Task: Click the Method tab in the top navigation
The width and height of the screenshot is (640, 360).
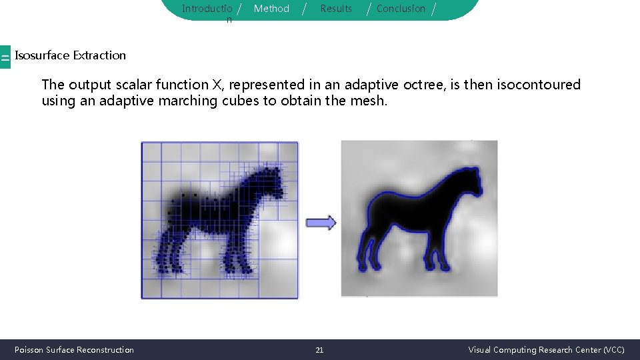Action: coord(271,9)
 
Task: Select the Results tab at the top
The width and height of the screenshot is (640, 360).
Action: coord(336,9)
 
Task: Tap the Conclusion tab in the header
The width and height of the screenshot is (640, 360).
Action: coord(401,9)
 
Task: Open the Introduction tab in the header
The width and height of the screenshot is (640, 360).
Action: coord(207,9)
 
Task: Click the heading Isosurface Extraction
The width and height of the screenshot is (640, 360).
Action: coord(70,55)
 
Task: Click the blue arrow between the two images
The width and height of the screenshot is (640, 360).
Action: coord(321,223)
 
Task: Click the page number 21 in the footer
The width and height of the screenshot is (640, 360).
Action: coord(319,350)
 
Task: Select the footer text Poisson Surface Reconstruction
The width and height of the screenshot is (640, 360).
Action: coord(74,350)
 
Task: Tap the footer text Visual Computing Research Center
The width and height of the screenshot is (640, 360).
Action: coord(535,350)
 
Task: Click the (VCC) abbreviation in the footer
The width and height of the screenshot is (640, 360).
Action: coord(613,350)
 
